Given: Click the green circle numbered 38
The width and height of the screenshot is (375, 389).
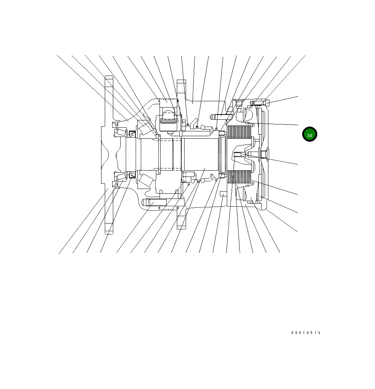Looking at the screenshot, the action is [x=310, y=134].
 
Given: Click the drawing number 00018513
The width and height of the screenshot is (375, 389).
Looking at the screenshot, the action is [x=306, y=333].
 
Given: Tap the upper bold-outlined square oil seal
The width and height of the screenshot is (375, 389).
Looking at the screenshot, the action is [x=132, y=134].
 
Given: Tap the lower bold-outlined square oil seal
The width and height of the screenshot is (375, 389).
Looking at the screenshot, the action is [x=132, y=175].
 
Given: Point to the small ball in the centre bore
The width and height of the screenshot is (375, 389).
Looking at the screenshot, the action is [x=243, y=155].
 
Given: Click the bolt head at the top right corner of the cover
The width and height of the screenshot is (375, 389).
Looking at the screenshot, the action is [x=267, y=103].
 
